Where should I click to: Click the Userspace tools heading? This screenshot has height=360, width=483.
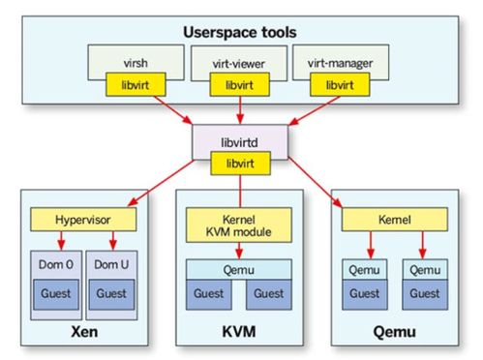[x=240, y=32]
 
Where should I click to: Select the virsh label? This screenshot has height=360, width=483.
[x=136, y=63]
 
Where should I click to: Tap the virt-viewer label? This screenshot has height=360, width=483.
[x=238, y=64]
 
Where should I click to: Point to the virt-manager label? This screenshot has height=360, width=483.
[x=340, y=64]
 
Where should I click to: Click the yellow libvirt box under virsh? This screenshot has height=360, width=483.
[x=136, y=84]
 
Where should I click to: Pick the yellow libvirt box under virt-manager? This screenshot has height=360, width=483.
[x=340, y=84]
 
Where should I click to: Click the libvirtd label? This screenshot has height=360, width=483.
[x=239, y=142]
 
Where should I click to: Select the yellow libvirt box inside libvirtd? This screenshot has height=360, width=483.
[x=240, y=164]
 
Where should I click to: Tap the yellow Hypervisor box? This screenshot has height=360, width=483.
[x=83, y=220]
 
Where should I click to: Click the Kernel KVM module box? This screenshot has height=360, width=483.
[x=239, y=225]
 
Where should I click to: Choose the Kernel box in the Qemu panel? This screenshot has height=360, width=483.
[x=395, y=220]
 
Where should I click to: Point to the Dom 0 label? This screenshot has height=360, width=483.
[x=56, y=264]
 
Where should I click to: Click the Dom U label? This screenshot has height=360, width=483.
[x=111, y=264]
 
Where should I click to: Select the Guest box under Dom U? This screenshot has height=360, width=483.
[x=111, y=294]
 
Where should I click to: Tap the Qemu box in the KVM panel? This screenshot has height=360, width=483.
[x=239, y=270]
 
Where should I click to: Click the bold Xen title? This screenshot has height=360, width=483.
[x=84, y=332]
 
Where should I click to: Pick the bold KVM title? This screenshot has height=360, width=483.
[x=239, y=332]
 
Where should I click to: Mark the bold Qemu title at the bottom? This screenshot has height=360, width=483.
[x=394, y=332]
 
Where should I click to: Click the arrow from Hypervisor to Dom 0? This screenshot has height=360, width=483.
[x=61, y=241]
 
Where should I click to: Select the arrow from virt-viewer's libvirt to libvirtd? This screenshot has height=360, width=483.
[x=240, y=110]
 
